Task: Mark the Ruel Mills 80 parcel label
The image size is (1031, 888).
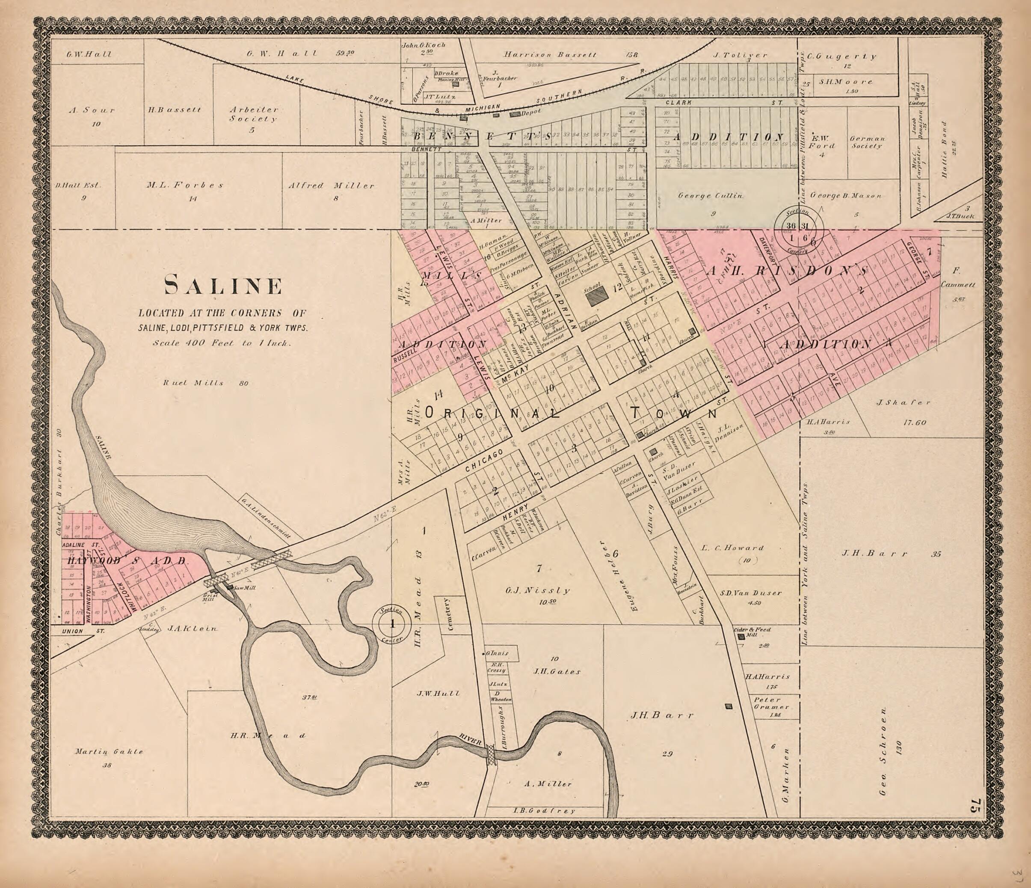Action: point(205,383)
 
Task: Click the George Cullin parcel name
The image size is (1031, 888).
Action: point(711,196)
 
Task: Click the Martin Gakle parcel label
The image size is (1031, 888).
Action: point(109,751)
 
